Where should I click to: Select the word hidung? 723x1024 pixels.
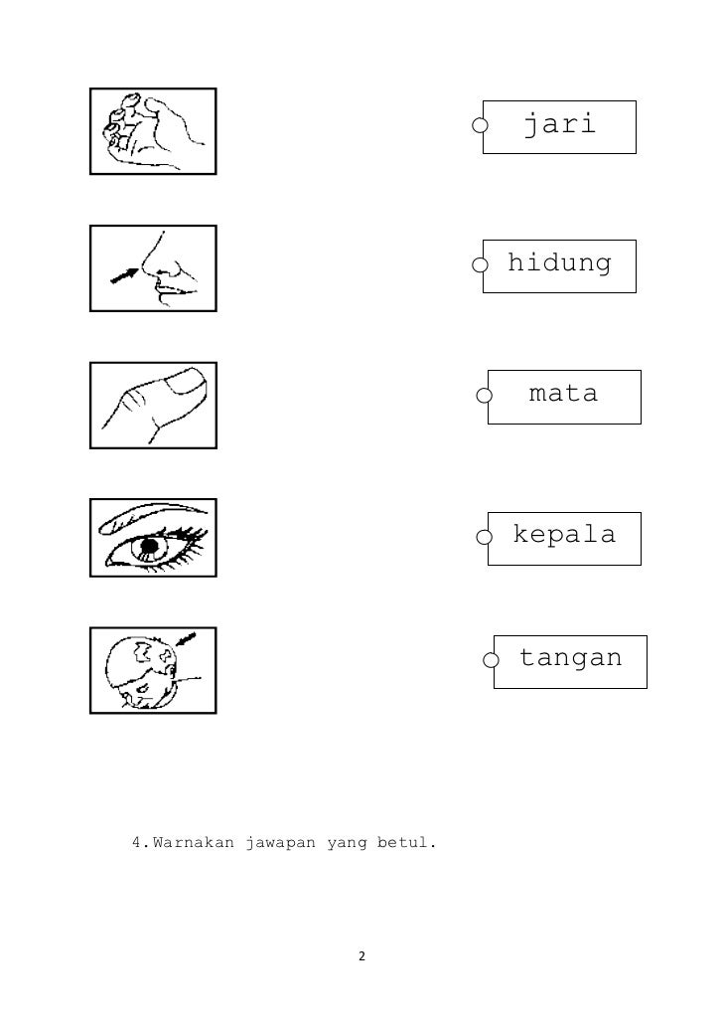tap(560, 264)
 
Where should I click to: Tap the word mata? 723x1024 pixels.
tap(564, 395)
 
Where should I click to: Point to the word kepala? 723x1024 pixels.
tap(564, 536)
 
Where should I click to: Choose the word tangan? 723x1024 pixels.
tap(571, 658)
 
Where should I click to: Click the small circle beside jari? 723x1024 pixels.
tap(480, 126)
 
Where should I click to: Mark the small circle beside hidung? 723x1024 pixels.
tap(480, 265)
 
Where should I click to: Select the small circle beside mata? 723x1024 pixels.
tap(484, 397)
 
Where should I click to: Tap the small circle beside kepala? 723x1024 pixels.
tap(484, 538)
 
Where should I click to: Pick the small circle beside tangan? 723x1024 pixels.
tap(491, 660)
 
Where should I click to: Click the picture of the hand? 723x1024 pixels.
tap(153, 131)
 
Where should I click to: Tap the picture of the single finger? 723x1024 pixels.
tap(153, 405)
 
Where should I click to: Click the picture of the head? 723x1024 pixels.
tap(153, 670)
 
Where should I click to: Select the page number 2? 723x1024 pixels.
tap(361, 956)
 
